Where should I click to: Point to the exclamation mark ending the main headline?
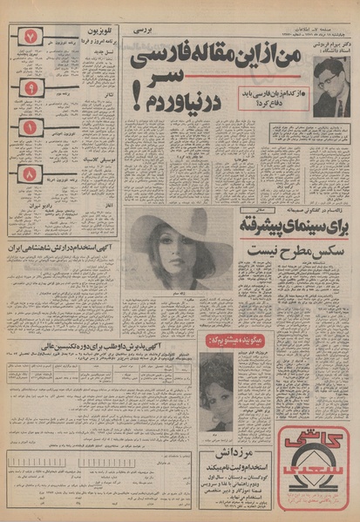click(137, 102)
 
